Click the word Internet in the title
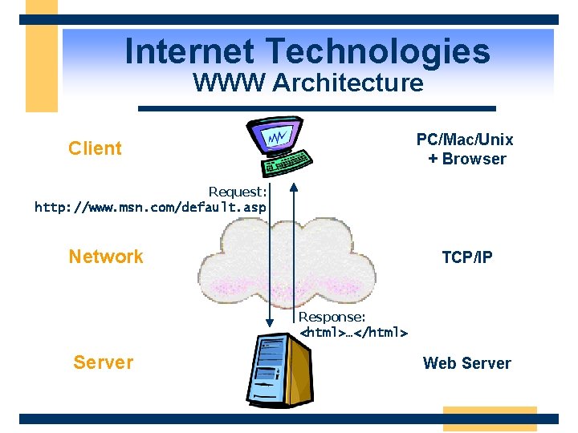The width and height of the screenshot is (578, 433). [190, 52]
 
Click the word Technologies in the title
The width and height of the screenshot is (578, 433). [377, 52]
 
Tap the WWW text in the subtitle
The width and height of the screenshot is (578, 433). [229, 83]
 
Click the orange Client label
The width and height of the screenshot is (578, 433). [95, 148]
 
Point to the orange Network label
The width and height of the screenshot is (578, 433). [106, 257]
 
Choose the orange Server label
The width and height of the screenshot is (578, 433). [103, 362]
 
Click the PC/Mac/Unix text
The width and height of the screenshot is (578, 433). [465, 140]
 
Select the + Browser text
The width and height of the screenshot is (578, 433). [467, 159]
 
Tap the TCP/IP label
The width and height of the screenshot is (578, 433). [467, 257]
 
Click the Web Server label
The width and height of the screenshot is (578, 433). [466, 363]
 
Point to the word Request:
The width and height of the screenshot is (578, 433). [238, 192]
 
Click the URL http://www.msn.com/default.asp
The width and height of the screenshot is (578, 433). [150, 208]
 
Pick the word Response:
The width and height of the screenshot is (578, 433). [332, 318]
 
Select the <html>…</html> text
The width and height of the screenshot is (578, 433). [353, 332]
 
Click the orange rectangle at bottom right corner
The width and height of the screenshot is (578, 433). [489, 419]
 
